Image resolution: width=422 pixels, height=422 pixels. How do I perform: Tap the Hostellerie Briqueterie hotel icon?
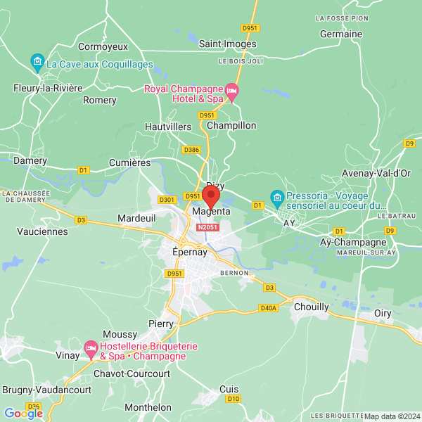[91, 348]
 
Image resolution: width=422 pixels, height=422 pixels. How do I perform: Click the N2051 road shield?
[207, 227]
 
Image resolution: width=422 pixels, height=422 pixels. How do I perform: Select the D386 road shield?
[191, 150]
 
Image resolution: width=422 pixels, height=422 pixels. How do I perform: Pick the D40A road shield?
[269, 307]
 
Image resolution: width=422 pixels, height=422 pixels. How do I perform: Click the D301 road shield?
[167, 200]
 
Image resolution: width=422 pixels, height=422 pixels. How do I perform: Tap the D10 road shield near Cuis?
[234, 399]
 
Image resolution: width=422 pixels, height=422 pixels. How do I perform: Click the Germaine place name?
[340, 34]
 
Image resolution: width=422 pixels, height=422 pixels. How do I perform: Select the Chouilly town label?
[312, 307]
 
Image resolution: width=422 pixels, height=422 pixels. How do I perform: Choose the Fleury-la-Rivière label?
[49, 88]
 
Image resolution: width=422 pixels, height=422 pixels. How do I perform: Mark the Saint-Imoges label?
[227, 44]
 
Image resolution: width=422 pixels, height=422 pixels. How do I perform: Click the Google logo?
[23, 413]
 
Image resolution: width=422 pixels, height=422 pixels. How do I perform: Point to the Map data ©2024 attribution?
[390, 416]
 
